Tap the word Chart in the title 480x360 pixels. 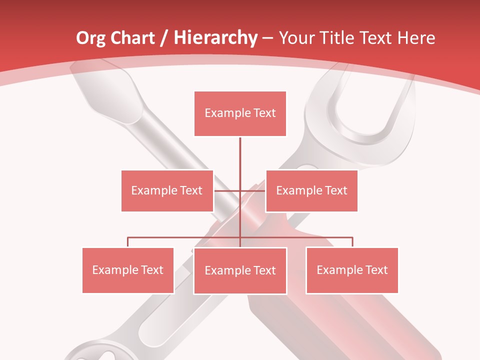click(x=131, y=38)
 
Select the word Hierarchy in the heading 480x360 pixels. click(x=215, y=38)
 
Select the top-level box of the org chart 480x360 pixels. click(x=240, y=113)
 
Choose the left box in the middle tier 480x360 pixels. click(x=167, y=190)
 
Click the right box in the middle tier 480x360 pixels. click(x=311, y=190)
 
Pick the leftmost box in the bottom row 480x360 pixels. click(x=128, y=270)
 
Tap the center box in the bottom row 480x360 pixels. click(x=240, y=271)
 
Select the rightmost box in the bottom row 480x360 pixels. click(x=352, y=270)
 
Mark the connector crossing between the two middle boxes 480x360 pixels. click(x=240, y=190)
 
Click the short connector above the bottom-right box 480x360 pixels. click(x=352, y=242)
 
